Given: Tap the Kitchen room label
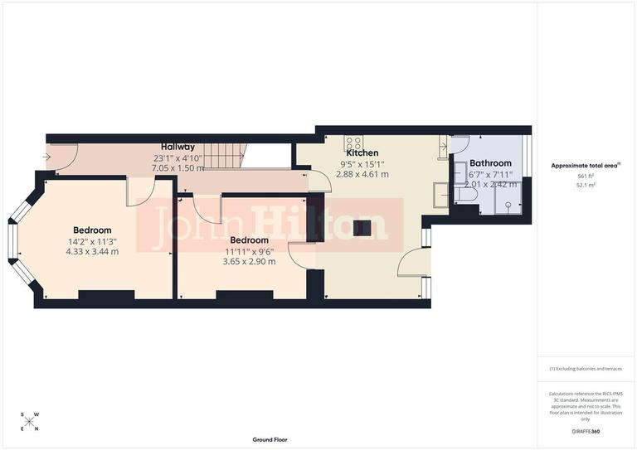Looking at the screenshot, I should click(362, 153).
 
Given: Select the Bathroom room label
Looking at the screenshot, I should click(490, 164).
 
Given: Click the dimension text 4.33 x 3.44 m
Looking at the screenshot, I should click(92, 251).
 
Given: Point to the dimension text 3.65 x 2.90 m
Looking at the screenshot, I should click(249, 261).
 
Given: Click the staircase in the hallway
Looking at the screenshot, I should click(226, 154).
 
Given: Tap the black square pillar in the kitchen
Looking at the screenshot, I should click(361, 229).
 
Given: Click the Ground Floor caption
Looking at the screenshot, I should click(270, 439).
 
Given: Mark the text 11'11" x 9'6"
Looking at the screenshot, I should click(250, 251).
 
